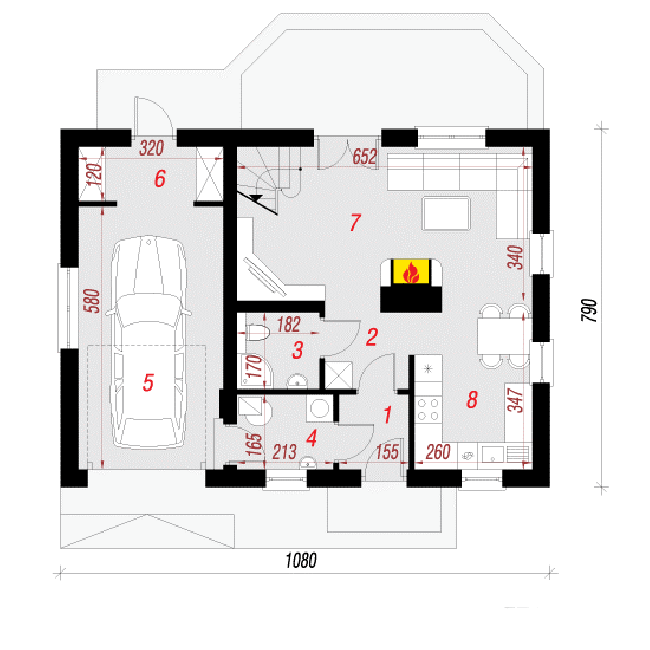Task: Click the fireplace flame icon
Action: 411,272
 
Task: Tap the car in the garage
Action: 148,342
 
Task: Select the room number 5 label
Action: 148,382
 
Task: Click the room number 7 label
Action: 355,222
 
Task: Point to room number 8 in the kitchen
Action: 472,400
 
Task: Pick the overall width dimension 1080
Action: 301,560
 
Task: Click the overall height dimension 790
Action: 590,310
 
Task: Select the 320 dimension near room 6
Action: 151,148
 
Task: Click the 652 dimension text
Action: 365,157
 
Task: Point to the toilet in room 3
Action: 257,332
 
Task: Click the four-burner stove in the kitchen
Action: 428,409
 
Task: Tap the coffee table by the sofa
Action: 446,213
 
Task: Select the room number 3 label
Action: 298,350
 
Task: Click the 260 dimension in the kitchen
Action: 438,452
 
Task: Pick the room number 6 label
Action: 160,179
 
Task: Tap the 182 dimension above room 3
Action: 289,325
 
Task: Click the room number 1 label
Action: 388,415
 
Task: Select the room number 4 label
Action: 312,438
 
